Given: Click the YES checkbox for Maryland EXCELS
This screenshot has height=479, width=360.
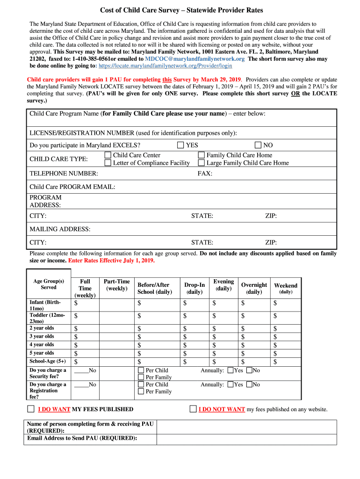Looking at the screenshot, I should pos(180,145).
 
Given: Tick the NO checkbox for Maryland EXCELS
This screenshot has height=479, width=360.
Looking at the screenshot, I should pos(258,145).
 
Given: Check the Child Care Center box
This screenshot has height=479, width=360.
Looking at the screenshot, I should pos(108,155).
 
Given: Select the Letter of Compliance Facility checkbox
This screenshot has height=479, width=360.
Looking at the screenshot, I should pos(108,163).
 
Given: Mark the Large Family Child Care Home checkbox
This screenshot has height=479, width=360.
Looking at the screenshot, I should pos(202,163).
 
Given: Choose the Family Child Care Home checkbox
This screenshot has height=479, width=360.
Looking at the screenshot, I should pos(202,155).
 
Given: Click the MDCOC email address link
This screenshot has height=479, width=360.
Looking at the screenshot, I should pos(194,59).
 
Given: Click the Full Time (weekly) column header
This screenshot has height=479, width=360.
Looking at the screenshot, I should pos(85,288).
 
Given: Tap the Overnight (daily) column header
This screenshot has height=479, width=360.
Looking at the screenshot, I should pos(254,288).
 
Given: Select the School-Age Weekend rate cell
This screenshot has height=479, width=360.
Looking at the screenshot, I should pos(286,362).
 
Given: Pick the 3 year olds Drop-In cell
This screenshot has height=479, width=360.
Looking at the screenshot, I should pos(194,337).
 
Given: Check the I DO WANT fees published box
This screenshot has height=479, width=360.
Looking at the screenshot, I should pos(31,409).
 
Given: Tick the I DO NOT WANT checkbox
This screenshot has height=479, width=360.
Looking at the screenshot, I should pos(193,409).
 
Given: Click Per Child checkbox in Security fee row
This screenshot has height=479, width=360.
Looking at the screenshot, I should pos(141,370).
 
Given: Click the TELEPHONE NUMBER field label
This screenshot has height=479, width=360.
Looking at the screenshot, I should pos(64,174).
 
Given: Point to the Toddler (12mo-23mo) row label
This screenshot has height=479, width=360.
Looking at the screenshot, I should pos(48,318).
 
